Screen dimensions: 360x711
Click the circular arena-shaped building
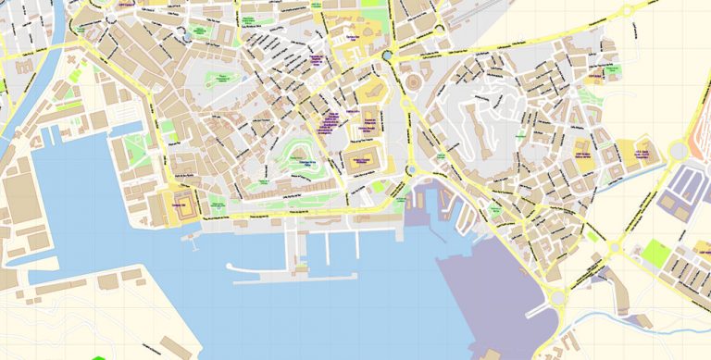pos(414,82)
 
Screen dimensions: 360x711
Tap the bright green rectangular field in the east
pos(656,252)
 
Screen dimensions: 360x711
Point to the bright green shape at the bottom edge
pos(99,356)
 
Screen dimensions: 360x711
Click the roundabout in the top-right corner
pos(627,11)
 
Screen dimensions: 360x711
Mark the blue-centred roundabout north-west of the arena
pos(386,56)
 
